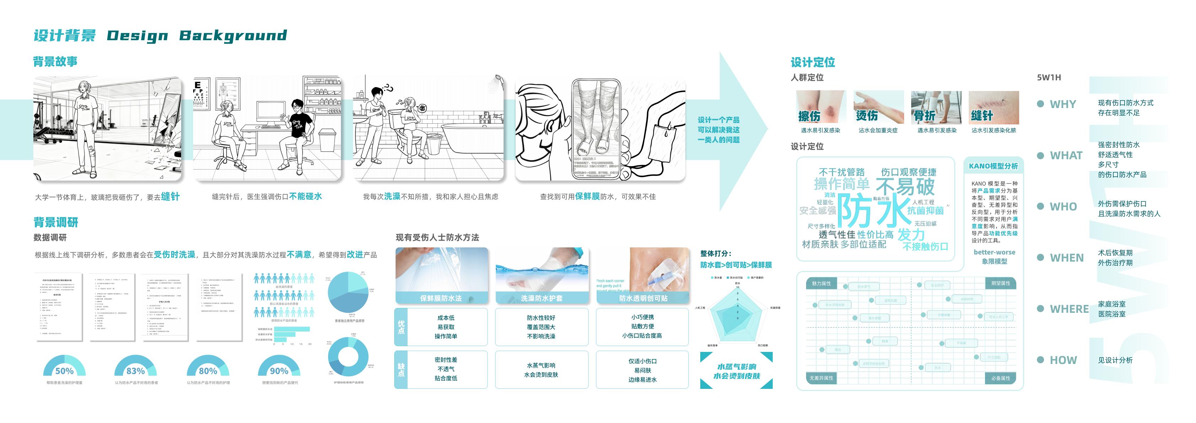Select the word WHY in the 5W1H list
point(1063,104)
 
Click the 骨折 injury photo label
point(924,116)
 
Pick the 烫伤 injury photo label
point(867,116)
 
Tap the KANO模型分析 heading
point(993,166)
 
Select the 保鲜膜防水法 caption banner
point(441,298)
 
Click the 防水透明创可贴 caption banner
point(643,298)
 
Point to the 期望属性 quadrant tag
point(1001,283)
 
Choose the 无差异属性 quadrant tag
point(821,378)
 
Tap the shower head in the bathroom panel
point(498,80)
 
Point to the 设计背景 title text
point(65,35)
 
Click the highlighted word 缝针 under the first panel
point(170,197)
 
